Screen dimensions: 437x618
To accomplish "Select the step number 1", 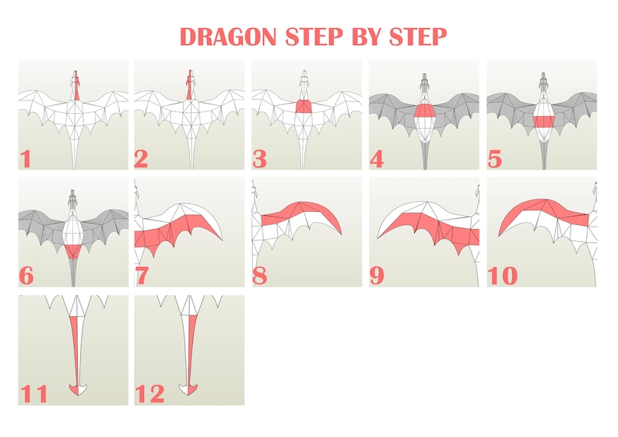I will tap(26, 159).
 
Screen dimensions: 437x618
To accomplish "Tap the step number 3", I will tap(260, 159).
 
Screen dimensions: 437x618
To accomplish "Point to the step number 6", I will tap(27, 275).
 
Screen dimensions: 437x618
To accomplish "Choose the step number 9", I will tap(377, 275).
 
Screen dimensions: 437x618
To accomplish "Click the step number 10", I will tap(502, 275).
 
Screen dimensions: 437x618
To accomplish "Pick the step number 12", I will tap(150, 393).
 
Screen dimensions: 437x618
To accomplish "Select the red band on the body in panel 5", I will tap(542, 121).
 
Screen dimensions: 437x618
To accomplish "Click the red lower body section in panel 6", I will tap(72, 250).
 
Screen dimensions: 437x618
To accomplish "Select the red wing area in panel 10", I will tap(537, 206).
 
